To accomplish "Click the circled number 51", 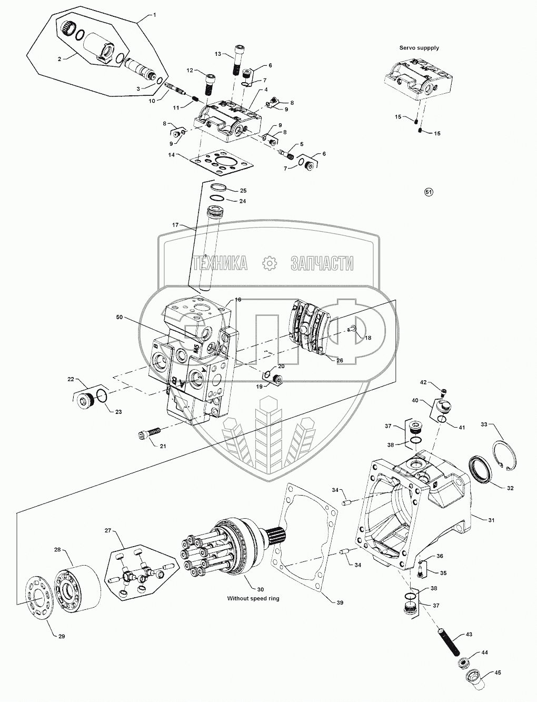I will pyautogui.click(x=429, y=193).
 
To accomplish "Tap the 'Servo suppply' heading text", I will pyautogui.click(x=419, y=47).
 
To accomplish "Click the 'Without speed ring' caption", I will pyautogui.click(x=253, y=598).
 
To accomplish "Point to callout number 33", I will pyautogui.click(x=484, y=424).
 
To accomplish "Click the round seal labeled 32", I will pyautogui.click(x=480, y=469).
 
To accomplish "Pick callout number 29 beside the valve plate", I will pyautogui.click(x=62, y=637).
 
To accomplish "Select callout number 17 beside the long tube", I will pyautogui.click(x=176, y=225).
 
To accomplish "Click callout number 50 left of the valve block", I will pyautogui.click(x=119, y=318).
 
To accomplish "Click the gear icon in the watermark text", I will pyautogui.click(x=269, y=263).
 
